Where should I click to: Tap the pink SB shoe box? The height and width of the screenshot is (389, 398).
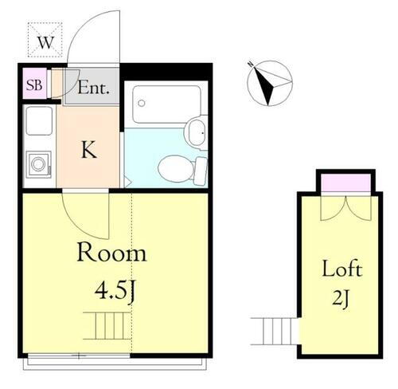[x=35, y=84]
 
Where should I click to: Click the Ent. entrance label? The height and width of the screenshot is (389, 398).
[x=94, y=87]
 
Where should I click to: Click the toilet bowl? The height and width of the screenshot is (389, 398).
[x=174, y=167]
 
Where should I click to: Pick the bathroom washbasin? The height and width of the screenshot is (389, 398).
[x=194, y=132]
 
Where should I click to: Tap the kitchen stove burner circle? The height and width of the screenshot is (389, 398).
[x=37, y=166]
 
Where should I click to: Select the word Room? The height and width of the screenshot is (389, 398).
[x=111, y=253]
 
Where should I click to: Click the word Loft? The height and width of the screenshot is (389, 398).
[x=342, y=269]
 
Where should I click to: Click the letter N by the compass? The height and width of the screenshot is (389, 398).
[x=249, y=64]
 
